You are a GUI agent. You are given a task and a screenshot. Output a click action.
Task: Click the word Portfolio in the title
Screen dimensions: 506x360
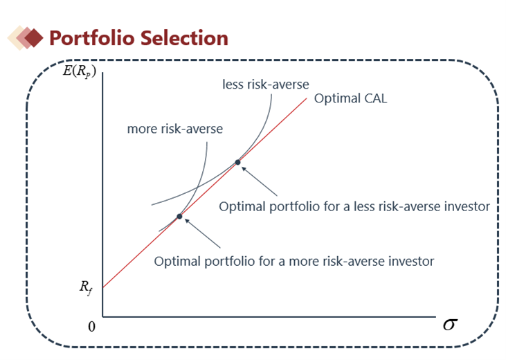[x=92, y=38]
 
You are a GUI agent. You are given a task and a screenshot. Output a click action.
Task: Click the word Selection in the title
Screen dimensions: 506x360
[x=184, y=38]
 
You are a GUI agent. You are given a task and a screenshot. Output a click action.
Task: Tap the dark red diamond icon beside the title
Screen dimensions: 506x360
[x=34, y=38]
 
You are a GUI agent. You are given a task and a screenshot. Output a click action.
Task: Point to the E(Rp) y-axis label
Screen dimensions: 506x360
[x=80, y=71]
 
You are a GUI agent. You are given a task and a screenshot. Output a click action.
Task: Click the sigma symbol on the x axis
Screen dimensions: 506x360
[x=450, y=324]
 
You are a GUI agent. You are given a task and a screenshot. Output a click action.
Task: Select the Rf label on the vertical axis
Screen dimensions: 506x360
[x=86, y=287]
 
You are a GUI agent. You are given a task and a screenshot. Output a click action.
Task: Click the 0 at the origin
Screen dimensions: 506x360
[x=91, y=327]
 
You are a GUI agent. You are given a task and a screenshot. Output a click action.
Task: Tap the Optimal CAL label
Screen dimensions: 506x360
[x=350, y=98]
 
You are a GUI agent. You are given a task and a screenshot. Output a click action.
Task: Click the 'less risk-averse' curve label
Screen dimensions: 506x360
[x=266, y=84]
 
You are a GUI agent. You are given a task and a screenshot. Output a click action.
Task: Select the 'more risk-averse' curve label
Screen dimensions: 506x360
[x=175, y=129]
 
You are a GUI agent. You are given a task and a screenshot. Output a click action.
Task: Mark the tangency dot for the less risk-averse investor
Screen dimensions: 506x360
[x=237, y=162]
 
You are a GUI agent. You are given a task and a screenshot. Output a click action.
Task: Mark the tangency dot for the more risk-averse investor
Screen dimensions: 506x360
[x=179, y=216]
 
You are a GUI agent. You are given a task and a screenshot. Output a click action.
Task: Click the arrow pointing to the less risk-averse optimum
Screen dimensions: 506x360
[x=259, y=181]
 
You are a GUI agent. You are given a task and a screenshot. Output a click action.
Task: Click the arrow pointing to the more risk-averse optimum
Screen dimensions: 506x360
[x=202, y=233]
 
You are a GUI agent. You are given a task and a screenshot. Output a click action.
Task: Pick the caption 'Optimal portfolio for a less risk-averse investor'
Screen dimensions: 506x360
[x=354, y=206]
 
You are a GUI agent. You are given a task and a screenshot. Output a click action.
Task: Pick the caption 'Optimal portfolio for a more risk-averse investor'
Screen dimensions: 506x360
[x=294, y=262]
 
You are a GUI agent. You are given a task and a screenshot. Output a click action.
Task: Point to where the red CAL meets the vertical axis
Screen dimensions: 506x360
[x=103, y=287]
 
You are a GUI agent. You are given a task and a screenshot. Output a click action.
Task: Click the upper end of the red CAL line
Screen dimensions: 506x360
[x=306, y=98]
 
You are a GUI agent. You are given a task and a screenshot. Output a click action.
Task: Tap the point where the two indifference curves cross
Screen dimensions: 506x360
[x=197, y=187]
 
